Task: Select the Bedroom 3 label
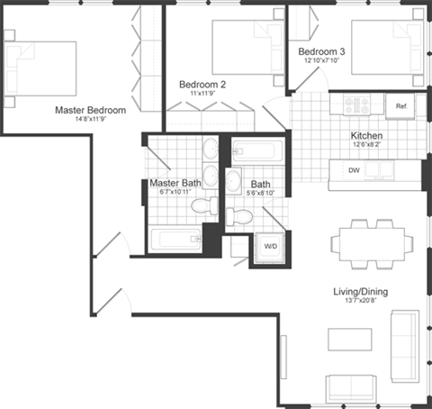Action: pyautogui.click(x=321, y=52)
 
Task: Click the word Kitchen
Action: pyautogui.click(x=366, y=136)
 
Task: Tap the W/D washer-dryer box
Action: pyautogui.click(x=270, y=246)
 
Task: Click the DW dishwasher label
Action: pyautogui.click(x=355, y=169)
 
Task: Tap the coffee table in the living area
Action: pyautogui.click(x=350, y=339)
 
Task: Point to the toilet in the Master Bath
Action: pyautogui.click(x=207, y=205)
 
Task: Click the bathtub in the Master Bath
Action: pyautogui.click(x=175, y=240)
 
